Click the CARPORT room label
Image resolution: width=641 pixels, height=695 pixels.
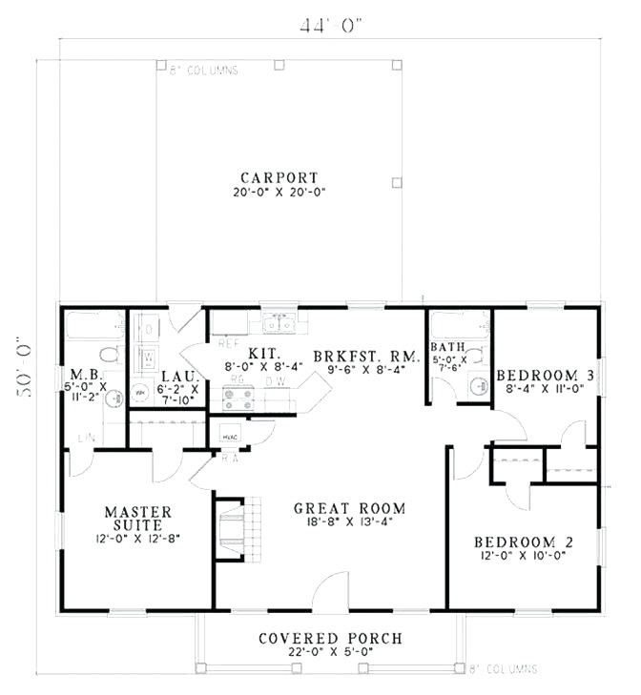tap(279, 177)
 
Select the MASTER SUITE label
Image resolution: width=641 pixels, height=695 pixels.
tap(138, 519)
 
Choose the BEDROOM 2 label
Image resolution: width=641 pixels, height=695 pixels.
tap(521, 542)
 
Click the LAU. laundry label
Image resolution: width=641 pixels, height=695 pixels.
tap(178, 376)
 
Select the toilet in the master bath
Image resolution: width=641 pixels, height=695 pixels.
tap(109, 354)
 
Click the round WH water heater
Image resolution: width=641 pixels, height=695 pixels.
tap(140, 391)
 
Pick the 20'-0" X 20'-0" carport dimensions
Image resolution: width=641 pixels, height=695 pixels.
tap(279, 193)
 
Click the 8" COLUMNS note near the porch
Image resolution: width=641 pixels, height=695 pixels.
tap(505, 669)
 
